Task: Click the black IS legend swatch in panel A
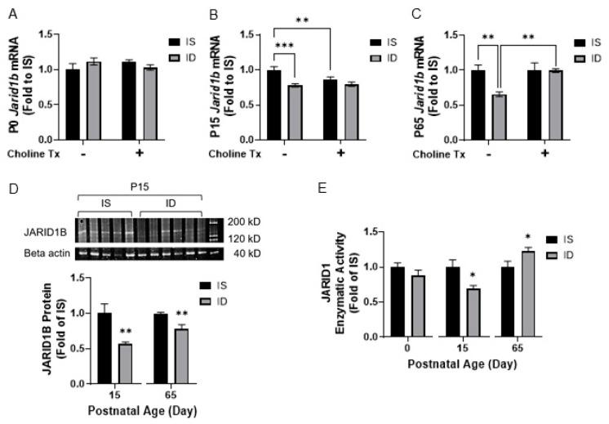(x=176, y=39)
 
